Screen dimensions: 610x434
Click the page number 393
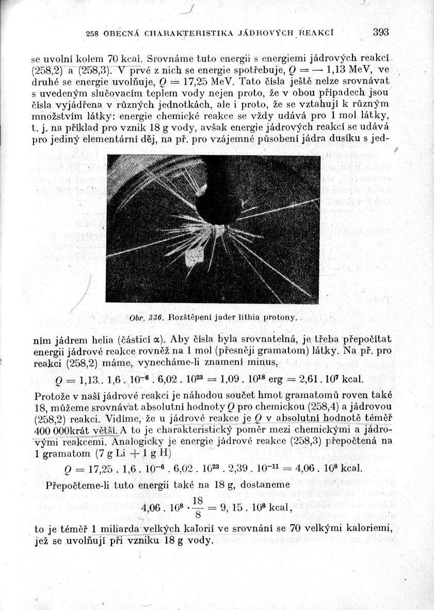tap(380, 32)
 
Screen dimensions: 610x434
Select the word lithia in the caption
tap(250, 317)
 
